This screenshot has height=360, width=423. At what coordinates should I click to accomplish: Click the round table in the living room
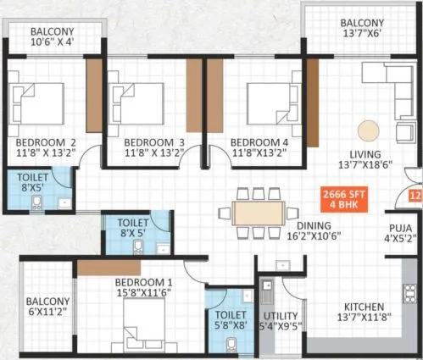pos(368,130)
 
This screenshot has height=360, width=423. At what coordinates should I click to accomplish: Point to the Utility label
pos(281,317)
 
